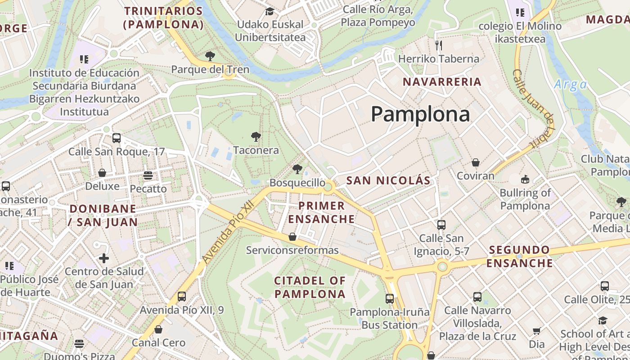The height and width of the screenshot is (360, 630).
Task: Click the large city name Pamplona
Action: click(420, 114)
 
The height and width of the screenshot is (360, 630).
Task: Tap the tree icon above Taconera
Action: click(256, 136)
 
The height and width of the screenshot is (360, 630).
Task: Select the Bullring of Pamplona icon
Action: click(525, 180)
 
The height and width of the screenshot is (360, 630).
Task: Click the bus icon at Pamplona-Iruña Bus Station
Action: click(390, 298)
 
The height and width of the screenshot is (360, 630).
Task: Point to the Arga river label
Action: click(570, 85)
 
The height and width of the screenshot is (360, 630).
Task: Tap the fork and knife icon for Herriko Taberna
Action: click(439, 45)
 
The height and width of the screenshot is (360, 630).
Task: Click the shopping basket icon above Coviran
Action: click(475, 162)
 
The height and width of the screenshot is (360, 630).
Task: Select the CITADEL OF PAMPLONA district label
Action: click(310, 288)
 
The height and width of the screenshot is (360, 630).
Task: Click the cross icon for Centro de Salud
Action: click(104, 258)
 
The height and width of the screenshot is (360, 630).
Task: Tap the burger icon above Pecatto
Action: click(148, 175)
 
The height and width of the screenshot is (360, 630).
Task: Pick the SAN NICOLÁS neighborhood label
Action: click(388, 181)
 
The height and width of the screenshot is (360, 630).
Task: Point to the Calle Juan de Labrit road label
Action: click(534, 108)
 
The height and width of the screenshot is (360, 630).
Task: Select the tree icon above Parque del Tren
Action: click(210, 56)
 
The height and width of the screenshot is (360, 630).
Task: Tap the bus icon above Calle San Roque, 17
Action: click(117, 138)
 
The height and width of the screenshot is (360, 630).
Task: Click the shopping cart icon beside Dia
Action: click(536, 331)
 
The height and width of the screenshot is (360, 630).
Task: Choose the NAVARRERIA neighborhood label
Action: click(442, 82)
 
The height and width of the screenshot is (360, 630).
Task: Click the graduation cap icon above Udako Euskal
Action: click(270, 11)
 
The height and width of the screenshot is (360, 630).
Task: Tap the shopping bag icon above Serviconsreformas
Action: click(292, 236)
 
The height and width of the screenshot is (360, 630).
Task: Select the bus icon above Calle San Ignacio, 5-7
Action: click(441, 225)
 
